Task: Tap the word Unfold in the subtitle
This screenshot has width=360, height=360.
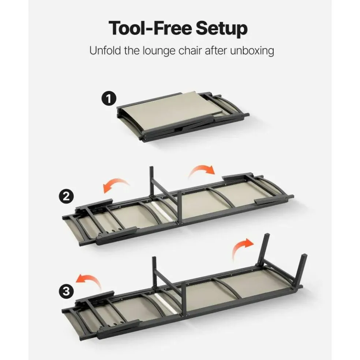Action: [x=105, y=50]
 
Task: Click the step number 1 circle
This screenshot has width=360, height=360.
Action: [x=109, y=98]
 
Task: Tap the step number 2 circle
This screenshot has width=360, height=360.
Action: [x=66, y=197]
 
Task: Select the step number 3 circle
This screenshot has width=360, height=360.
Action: [x=66, y=292]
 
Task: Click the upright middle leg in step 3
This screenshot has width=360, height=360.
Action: [x=154, y=272]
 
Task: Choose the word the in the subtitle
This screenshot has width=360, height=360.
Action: [x=132, y=50]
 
